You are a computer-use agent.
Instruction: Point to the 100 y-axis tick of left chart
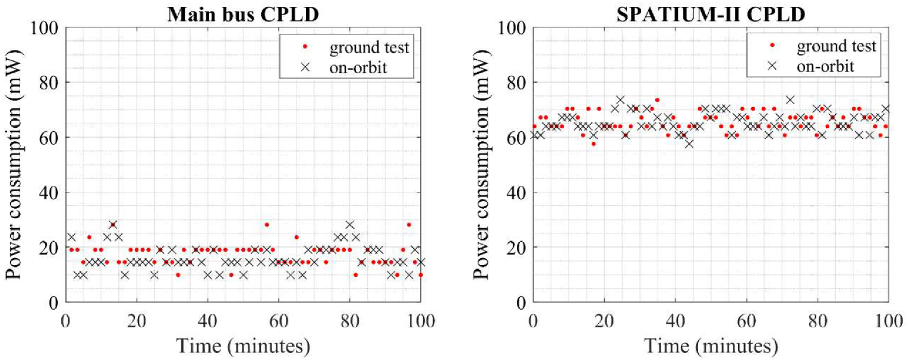pyautogui.click(x=46, y=28)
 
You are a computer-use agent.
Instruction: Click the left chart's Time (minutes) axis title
pyautogui.click(x=243, y=345)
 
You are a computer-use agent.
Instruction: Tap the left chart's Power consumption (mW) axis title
pyautogui.click(x=15, y=165)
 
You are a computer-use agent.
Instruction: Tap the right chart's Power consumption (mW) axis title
pyautogui.click(x=482, y=165)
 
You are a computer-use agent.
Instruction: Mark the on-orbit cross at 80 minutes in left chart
pyautogui.click(x=349, y=225)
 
